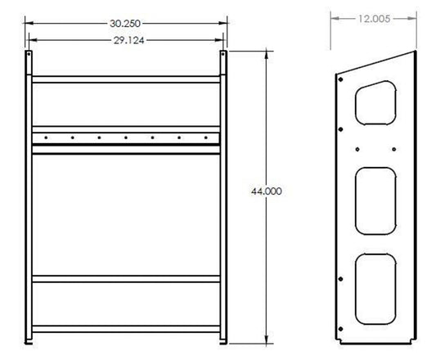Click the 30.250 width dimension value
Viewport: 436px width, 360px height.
click(126, 24)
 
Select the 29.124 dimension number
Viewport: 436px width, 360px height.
click(126, 38)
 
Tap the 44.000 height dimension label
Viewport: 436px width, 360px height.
click(267, 191)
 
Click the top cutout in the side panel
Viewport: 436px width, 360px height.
click(376, 103)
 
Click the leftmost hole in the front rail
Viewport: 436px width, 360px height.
click(47, 137)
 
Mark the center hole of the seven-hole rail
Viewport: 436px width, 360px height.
click(126, 137)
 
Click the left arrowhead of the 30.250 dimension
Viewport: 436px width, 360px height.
click(28, 24)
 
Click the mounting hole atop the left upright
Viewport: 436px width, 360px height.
click(29, 56)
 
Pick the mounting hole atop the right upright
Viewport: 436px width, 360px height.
click(223, 56)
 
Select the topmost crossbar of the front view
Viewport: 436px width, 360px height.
click(126, 79)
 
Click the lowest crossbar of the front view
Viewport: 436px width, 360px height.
click(126, 328)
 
